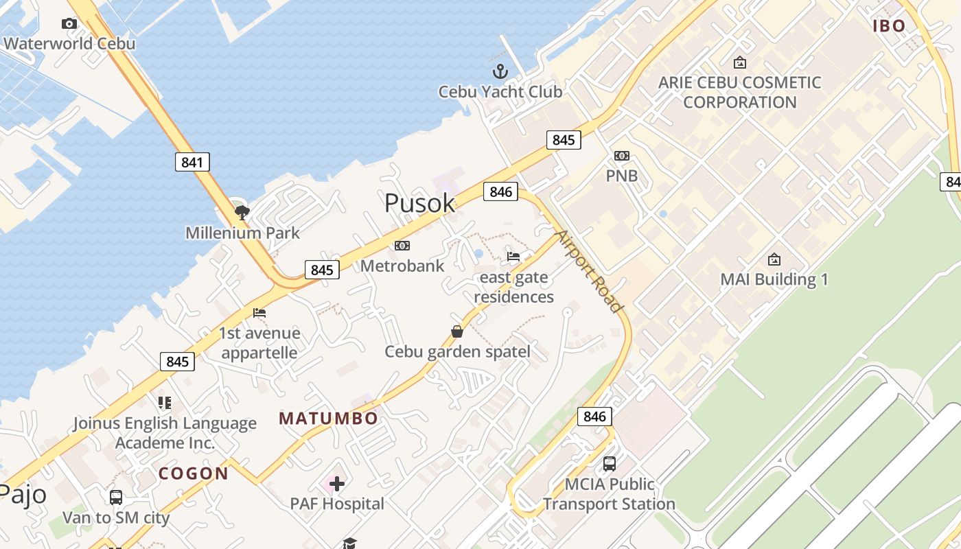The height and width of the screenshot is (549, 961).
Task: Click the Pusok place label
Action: click(x=419, y=203)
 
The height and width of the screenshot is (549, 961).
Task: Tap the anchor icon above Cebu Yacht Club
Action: click(x=500, y=71)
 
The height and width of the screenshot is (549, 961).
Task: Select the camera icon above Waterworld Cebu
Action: click(x=69, y=24)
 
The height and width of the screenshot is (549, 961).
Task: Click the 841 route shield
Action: click(x=192, y=162)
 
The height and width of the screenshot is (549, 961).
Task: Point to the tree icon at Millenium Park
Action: click(x=242, y=212)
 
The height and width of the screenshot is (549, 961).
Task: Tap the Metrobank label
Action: click(x=402, y=266)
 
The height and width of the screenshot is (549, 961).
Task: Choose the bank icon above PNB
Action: click(x=622, y=156)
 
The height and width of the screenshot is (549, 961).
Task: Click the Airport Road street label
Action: click(x=588, y=272)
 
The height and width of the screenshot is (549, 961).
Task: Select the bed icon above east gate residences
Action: click(x=513, y=257)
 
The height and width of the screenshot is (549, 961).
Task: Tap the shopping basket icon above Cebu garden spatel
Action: click(x=457, y=331)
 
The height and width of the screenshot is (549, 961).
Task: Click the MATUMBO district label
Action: click(x=329, y=419)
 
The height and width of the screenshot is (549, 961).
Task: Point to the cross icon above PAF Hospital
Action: click(x=337, y=484)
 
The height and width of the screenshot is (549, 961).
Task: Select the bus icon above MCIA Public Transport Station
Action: click(x=610, y=464)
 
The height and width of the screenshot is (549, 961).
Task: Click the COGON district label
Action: click(x=194, y=474)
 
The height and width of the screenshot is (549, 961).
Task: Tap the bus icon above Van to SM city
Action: click(x=116, y=497)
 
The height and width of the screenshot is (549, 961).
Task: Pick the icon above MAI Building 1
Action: click(x=774, y=259)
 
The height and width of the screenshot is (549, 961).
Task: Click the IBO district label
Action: click(x=890, y=26)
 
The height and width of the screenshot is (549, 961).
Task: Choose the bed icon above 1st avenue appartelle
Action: click(x=259, y=313)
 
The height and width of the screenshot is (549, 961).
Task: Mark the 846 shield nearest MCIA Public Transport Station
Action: click(x=594, y=416)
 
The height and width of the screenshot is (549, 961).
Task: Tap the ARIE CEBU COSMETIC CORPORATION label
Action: click(x=740, y=92)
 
